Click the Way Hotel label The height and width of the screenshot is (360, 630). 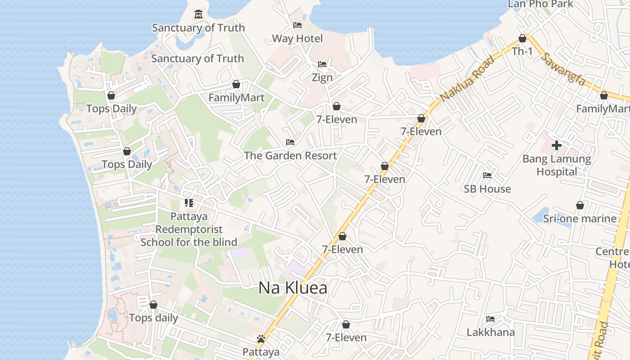297,38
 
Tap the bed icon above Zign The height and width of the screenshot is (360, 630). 322,64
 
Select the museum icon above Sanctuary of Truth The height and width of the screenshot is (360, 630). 198,14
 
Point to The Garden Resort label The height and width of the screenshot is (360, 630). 290,156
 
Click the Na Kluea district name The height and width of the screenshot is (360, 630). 293,288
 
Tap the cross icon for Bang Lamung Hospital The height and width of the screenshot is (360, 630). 557,145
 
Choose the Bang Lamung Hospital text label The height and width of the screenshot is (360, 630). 557,165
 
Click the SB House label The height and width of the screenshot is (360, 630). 487,189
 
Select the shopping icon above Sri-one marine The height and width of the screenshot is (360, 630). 580,206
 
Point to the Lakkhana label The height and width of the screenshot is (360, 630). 490,332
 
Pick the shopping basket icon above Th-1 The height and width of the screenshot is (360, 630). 522,38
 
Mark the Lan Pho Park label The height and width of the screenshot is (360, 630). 540,4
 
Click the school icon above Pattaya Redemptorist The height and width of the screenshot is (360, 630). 189,203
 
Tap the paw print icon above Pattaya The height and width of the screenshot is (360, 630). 261,339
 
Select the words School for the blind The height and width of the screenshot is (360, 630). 189,242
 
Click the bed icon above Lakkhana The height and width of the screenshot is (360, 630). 490,319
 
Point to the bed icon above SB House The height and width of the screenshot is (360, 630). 487,175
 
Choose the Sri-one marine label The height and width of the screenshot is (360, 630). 580,219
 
